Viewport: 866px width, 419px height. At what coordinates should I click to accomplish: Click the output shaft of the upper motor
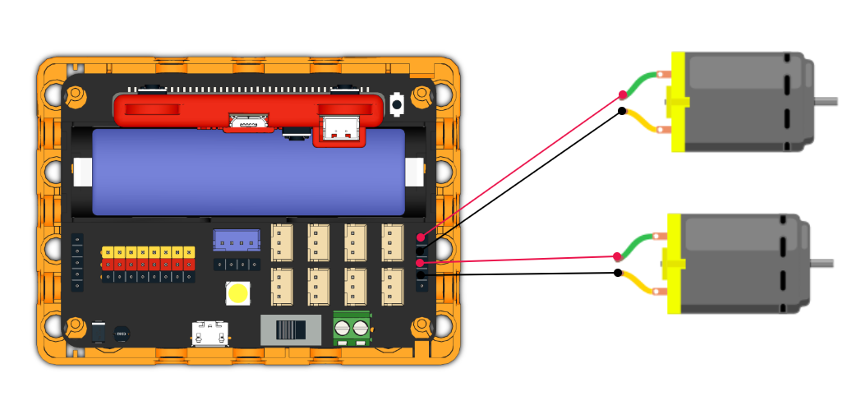click(827, 101)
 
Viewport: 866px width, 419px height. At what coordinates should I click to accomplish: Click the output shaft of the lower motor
click(822, 263)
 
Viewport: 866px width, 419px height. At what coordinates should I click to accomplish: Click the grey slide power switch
click(291, 329)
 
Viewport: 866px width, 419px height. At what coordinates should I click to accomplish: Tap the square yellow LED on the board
click(238, 292)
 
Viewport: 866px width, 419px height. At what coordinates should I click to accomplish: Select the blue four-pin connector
click(237, 241)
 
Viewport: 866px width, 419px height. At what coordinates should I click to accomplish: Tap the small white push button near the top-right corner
click(398, 104)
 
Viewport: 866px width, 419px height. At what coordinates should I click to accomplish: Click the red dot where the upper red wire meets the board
click(421, 237)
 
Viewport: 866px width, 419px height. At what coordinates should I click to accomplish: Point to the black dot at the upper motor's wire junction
click(622, 111)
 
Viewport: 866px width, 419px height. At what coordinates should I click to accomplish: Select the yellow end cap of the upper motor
click(678, 102)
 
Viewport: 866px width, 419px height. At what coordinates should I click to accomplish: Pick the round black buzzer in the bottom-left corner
click(122, 334)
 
